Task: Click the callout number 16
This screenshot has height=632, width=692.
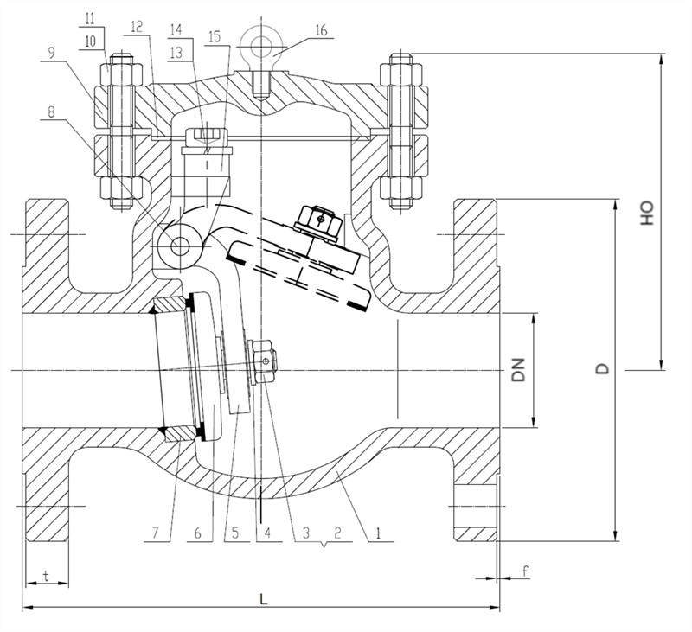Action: coord(321,30)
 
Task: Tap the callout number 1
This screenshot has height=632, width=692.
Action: coord(378,533)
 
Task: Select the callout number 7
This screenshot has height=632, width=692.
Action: coord(155,533)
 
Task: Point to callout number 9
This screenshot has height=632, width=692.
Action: coord(52,54)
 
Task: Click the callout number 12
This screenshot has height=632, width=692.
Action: coord(137,27)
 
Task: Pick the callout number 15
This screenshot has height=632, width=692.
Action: coord(215,37)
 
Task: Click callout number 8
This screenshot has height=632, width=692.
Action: coord(52,112)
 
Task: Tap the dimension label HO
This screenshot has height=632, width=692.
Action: coord(646,214)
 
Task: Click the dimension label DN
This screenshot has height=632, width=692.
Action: coord(519,369)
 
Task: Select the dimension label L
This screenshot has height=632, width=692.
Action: coord(264,599)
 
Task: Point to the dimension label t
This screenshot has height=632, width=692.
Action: coord(46,575)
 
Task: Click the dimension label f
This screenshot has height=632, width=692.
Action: coord(525,571)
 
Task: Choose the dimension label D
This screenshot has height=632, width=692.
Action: coord(602,368)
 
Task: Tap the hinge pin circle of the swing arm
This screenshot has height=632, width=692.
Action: coord(180,246)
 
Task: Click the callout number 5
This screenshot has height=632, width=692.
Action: coord(234,533)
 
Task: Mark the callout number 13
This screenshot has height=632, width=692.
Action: coord(176,53)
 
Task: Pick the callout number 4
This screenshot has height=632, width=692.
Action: coord(267,533)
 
